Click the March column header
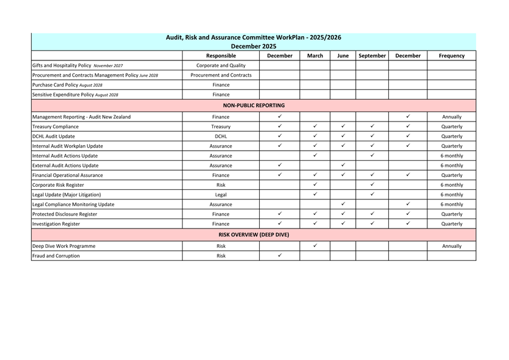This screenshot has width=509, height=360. pos(315,55)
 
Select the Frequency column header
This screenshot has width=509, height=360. pos(451,55)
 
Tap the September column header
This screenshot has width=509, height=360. pos(372,55)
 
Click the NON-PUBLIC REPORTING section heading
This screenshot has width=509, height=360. pos(254,105)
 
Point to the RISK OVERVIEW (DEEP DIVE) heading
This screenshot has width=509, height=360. pos(254,235)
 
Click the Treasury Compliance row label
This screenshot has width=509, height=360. pos(55,126)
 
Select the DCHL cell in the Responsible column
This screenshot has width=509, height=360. pos(221,136)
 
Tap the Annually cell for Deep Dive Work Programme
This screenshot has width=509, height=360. pos(451,246)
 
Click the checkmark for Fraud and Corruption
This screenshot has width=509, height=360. pos(280,255)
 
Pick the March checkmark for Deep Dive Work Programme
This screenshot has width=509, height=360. pos(315,245)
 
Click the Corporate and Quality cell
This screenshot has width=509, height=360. pos(221,65)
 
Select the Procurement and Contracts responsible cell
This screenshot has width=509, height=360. pos(221,75)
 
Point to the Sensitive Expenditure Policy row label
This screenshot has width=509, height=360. pos(75,95)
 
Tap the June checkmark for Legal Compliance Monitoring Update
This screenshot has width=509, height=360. pos(343,204)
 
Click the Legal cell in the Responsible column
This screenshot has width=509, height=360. pos(221,194)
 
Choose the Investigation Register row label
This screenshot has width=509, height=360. pos(56,224)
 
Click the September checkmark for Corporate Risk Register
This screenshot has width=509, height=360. pos(372,184)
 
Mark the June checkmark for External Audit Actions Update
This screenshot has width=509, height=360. pos(343,165)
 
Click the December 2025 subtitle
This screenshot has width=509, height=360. pos(253,46)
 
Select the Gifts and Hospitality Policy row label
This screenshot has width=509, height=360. pos(77,65)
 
